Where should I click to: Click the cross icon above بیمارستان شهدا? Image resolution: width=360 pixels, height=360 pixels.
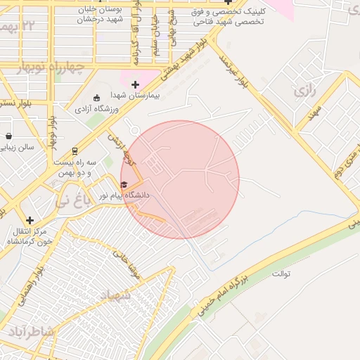click(135, 84)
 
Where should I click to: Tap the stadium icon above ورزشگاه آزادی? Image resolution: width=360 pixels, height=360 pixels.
click(97, 98)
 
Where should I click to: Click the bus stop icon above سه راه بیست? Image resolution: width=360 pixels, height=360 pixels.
click(75, 151)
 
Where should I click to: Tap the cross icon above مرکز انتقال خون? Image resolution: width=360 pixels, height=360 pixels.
click(30, 220)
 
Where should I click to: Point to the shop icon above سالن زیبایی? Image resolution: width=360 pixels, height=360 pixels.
click(8, 136)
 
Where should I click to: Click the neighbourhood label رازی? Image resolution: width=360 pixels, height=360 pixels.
click(302, 91)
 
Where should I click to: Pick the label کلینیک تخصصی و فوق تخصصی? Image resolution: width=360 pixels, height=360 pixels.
click(227, 17)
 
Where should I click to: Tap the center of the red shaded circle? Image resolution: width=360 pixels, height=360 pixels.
click(180, 179)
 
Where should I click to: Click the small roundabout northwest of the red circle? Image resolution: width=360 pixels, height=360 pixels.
click(134, 130)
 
